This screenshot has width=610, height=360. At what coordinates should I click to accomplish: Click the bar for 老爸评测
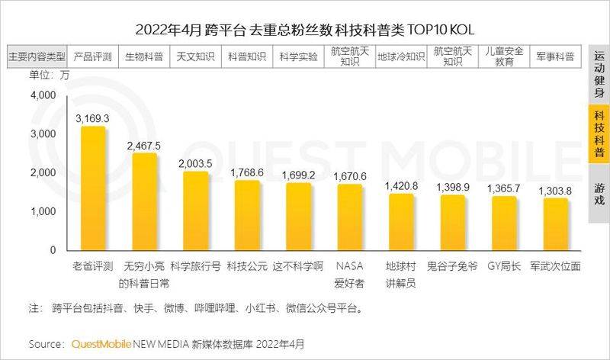(93, 188)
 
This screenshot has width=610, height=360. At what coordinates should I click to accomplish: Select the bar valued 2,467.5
(144, 201)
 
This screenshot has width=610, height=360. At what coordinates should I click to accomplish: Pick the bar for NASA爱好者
(350, 217)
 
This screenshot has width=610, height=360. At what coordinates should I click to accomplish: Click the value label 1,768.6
(247, 173)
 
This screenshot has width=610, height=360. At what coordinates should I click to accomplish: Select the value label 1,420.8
(402, 185)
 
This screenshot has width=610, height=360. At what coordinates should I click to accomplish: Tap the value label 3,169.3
(93, 118)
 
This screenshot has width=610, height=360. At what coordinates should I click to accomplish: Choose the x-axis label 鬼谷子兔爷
(454, 266)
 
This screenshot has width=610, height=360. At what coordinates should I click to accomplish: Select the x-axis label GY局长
(505, 266)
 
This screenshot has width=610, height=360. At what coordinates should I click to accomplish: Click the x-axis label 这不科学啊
(298, 266)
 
